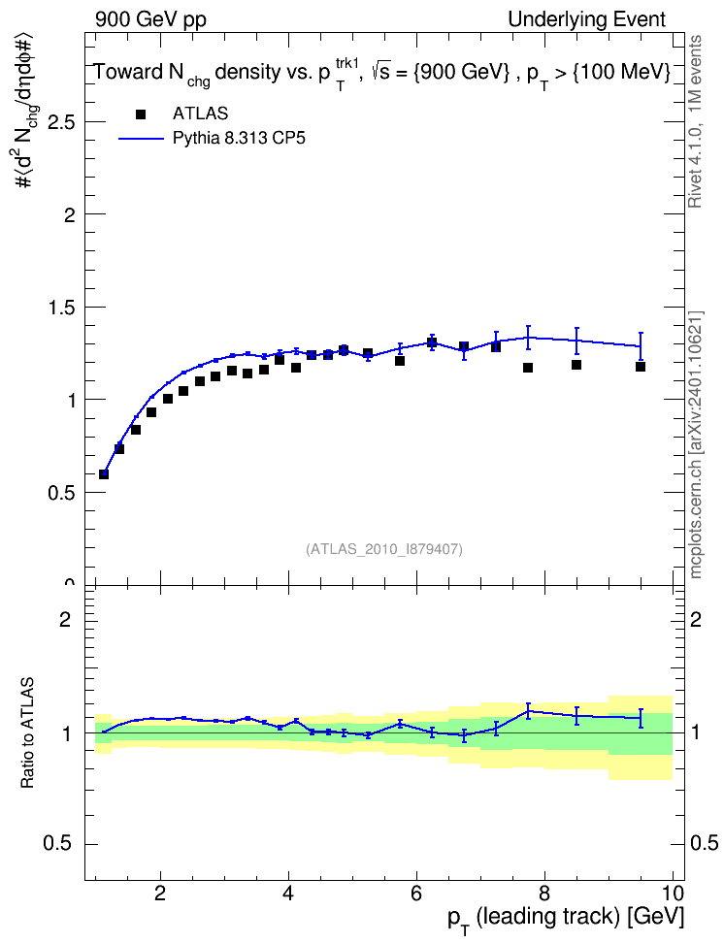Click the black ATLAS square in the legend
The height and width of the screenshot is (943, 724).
tap(141, 114)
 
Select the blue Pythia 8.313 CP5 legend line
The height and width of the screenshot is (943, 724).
tap(141, 139)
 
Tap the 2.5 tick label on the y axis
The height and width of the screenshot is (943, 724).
tap(61, 122)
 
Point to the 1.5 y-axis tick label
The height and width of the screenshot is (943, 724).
tap(61, 308)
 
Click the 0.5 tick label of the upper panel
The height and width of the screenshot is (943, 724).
tap(61, 493)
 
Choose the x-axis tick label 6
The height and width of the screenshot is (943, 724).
tap(416, 894)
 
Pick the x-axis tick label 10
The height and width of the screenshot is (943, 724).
tap(673, 894)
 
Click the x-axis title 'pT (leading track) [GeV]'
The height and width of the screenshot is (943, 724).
tap(566, 919)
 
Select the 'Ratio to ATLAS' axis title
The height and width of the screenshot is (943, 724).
tap(27, 733)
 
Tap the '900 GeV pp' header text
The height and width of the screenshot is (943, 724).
tap(150, 20)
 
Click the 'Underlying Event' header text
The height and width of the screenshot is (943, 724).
tap(587, 19)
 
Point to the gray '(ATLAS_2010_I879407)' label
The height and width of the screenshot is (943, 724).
tap(384, 549)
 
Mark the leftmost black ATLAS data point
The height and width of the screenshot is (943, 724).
tap(104, 473)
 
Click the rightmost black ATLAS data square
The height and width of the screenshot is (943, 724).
tap(641, 367)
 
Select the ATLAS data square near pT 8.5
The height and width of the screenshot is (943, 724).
tap(576, 365)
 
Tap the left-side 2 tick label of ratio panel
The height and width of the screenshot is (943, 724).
tap(65, 619)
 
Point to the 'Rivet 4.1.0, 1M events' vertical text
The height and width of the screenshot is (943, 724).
tap(695, 121)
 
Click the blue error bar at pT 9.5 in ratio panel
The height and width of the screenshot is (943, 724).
tap(641, 718)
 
